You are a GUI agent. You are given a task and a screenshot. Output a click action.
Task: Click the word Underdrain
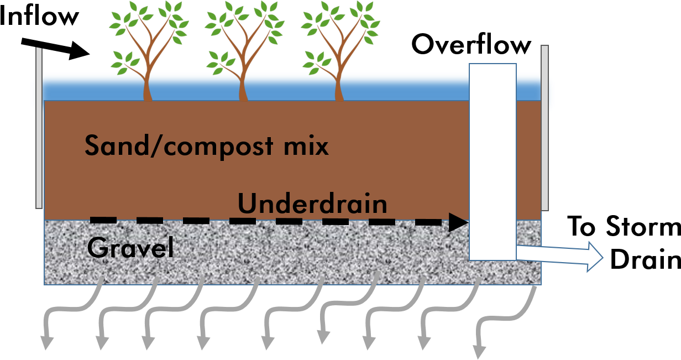click(312, 204)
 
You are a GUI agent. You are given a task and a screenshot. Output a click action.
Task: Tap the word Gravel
click(130, 248)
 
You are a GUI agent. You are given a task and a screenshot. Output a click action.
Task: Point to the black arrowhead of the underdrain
click(459, 223)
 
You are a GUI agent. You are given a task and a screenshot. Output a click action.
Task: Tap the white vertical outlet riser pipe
click(493, 160)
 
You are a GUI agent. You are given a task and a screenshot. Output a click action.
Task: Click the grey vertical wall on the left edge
click(39, 127)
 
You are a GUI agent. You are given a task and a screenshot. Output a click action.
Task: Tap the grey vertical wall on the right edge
click(544, 127)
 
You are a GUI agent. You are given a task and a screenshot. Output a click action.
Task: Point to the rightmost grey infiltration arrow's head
click(479, 352)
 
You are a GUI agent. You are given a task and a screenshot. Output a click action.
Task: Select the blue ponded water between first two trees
click(193, 87)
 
